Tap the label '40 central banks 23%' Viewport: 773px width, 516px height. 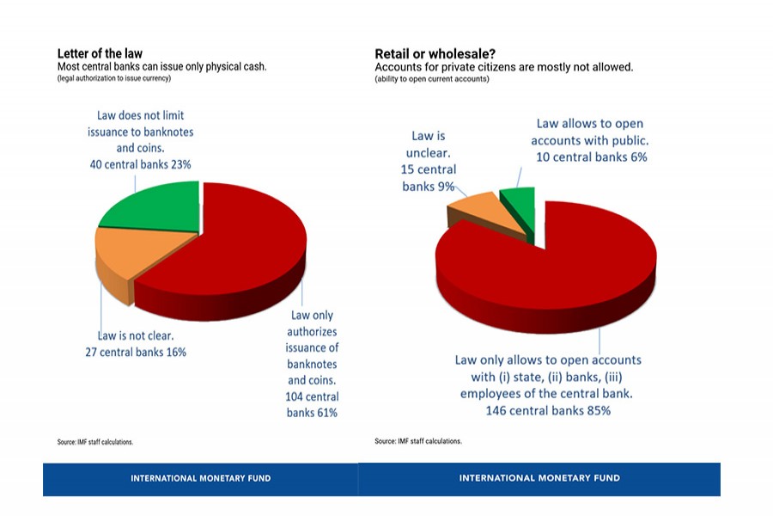(140, 163)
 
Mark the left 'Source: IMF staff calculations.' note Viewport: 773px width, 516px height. (95, 442)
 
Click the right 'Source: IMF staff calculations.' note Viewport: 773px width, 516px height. (418, 441)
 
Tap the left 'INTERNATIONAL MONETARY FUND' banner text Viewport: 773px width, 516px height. (200, 478)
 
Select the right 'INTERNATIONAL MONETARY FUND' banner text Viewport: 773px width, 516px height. (539, 478)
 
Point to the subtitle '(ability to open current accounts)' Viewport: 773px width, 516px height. (431, 79)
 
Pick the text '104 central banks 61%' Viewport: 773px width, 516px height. (313, 404)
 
